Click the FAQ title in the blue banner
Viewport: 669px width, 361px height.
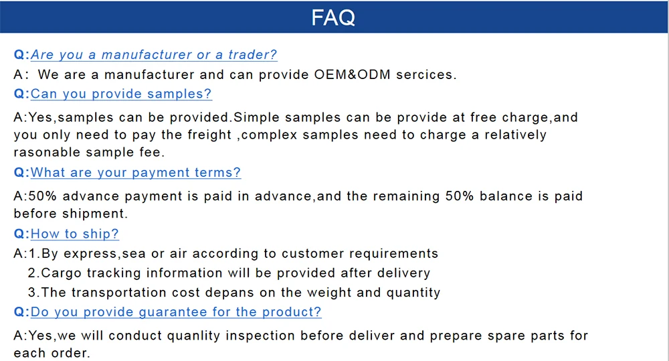[334, 17]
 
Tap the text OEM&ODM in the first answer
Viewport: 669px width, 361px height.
[353, 74]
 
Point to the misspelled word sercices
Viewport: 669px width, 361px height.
[426, 74]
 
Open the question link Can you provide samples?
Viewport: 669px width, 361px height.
[121, 94]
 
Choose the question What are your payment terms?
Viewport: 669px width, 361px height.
[136, 173]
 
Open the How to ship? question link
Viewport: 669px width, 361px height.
[75, 234]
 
